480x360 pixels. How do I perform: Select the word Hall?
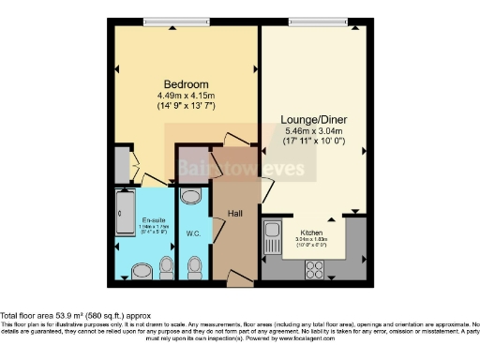coord(235,214)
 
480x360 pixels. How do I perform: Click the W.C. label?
coord(193,233)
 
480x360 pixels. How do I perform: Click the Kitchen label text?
coord(311,232)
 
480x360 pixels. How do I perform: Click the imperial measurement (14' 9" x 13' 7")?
coord(184,106)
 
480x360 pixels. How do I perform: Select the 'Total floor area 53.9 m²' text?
coord(75,316)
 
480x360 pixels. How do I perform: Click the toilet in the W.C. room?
coord(195,268)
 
